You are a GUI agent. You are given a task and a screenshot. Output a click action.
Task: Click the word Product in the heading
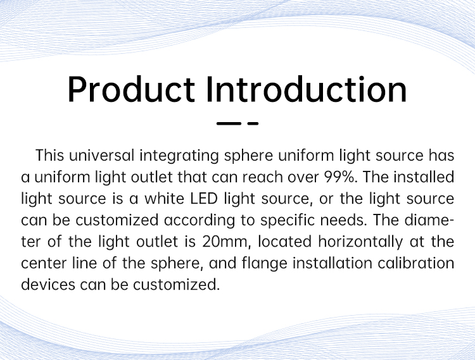(x=131, y=90)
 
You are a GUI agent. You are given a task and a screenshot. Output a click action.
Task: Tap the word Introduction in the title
(x=307, y=90)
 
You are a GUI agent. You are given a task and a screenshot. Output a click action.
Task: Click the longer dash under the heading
(x=229, y=123)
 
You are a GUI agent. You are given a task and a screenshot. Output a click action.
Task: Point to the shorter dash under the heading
(x=253, y=123)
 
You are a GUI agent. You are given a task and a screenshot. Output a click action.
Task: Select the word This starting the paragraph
(x=50, y=156)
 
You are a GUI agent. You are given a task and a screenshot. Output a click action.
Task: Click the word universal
(x=101, y=156)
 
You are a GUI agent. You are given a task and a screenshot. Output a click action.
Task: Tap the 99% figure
(x=341, y=177)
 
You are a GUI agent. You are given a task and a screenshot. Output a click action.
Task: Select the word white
(x=164, y=199)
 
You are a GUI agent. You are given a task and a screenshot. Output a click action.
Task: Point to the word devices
(x=48, y=285)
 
